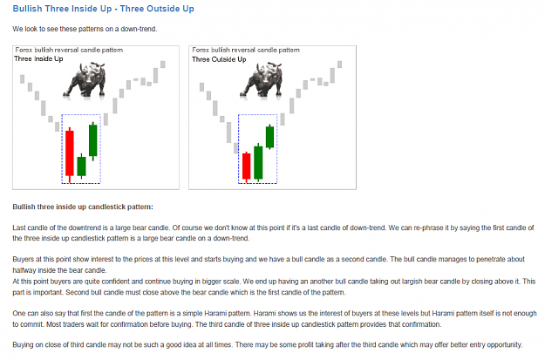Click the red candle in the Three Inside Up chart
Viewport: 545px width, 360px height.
(x=70, y=153)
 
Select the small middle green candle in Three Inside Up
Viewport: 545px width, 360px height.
(x=81, y=166)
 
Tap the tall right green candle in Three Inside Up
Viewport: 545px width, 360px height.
(x=92, y=140)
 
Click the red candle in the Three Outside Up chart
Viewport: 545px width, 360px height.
(x=247, y=166)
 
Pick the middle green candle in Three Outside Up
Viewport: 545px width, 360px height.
(x=258, y=163)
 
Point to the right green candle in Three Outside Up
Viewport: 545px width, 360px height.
(x=269, y=137)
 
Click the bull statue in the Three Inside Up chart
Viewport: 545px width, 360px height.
(x=85, y=80)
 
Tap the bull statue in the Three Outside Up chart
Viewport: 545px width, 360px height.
(x=262, y=80)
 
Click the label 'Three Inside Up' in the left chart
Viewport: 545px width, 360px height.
(x=38, y=58)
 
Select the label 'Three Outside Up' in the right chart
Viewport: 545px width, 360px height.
(x=219, y=59)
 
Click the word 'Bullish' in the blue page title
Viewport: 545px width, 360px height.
(x=27, y=9)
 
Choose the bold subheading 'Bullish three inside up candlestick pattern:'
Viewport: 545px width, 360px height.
(x=83, y=207)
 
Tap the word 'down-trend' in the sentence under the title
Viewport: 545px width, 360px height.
(x=139, y=29)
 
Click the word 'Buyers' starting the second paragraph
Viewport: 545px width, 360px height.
(x=23, y=259)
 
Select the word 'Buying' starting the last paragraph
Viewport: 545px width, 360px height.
(x=23, y=344)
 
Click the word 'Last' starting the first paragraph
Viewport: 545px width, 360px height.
(x=19, y=228)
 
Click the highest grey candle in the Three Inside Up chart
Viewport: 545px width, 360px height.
(x=163, y=65)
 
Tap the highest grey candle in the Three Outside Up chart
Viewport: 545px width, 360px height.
(x=339, y=65)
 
